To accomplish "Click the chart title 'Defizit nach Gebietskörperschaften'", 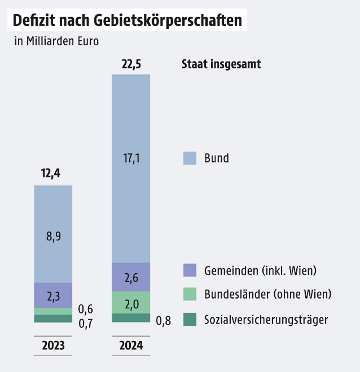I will tap(127, 21).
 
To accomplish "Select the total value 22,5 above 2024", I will tap(131, 64).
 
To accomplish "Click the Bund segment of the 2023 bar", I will tap(53, 234).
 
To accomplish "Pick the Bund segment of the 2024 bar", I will tap(131, 168).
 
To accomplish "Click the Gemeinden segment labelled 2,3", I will tap(53, 295).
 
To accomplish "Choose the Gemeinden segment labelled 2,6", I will tap(131, 277).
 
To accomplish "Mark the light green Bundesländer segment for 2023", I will tap(53, 311).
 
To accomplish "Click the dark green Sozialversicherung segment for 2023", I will tap(53, 318).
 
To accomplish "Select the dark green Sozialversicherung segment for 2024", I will tap(131, 318).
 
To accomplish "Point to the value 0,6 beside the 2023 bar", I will tap(85, 309).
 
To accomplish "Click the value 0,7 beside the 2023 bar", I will tap(85, 323).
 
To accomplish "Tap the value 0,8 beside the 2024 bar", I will tap(164, 321).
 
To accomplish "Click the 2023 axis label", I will tap(53, 345).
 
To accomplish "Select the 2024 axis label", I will tap(131, 345).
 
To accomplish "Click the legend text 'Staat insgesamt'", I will tap(221, 64).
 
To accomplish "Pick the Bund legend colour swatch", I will tap(190, 158).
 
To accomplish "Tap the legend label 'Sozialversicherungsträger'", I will tap(266, 320).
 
